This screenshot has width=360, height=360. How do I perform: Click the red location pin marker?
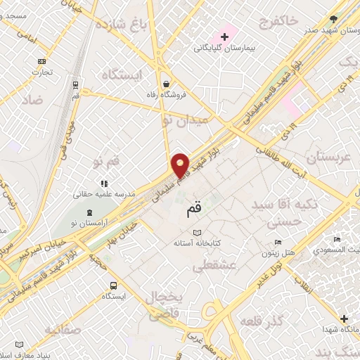[181, 165]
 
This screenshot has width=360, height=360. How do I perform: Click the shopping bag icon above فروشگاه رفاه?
[165, 82]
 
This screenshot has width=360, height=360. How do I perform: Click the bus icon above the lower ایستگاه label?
[113, 285]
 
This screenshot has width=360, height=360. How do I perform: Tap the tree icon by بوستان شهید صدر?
[333, 20]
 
